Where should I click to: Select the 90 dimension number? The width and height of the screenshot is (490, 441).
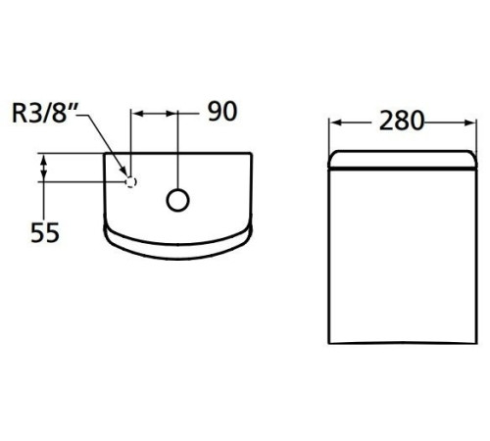(x=222, y=112)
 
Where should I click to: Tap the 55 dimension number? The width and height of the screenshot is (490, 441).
(x=45, y=232)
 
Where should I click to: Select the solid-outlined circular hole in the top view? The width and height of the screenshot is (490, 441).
(x=177, y=199)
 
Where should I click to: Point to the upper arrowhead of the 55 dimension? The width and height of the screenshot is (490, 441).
(x=43, y=158)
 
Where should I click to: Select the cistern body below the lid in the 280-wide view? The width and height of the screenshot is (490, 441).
(x=402, y=255)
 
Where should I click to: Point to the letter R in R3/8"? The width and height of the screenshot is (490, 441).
(x=18, y=114)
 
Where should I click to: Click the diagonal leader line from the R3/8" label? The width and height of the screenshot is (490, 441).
(x=103, y=142)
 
